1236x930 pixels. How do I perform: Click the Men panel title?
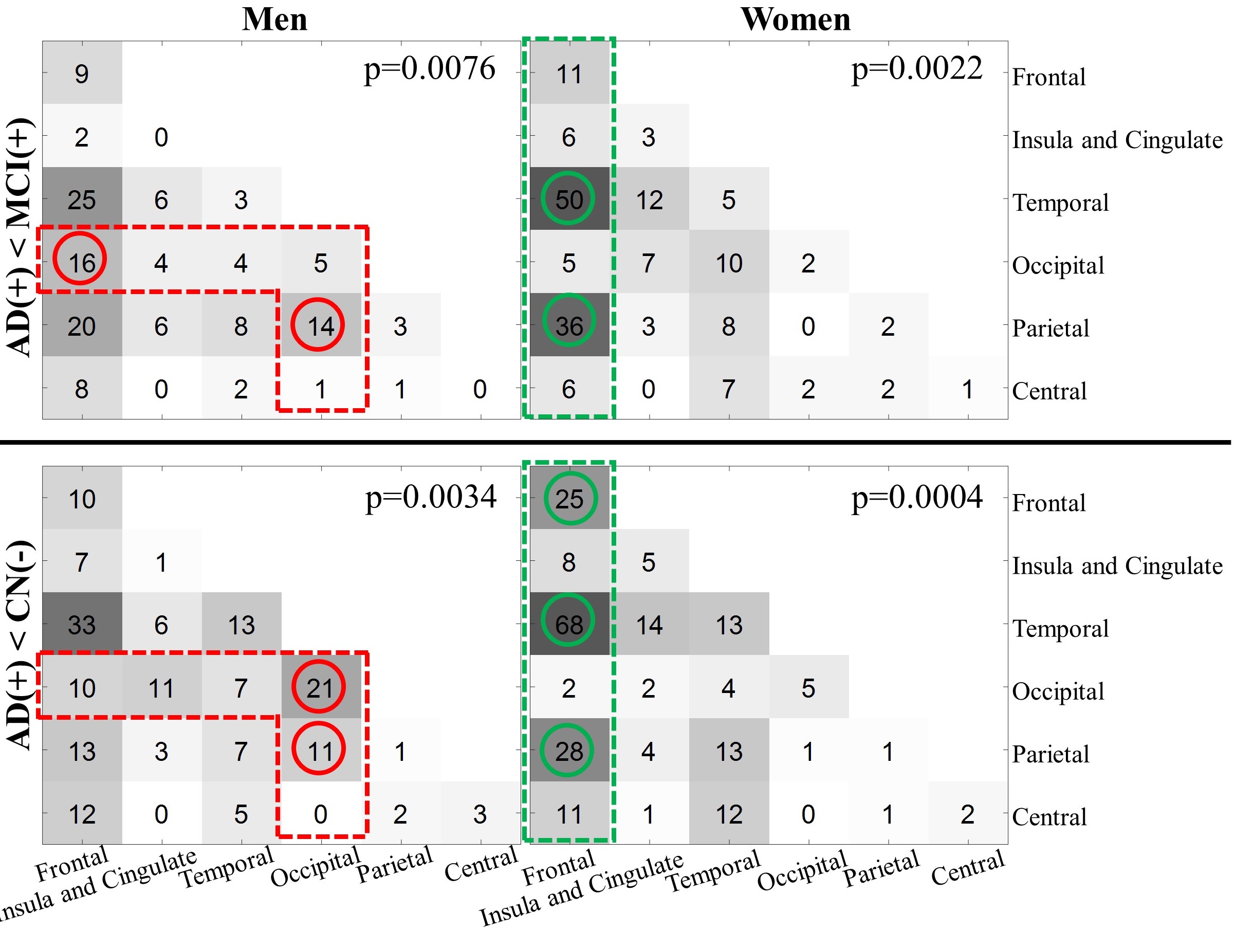pyautogui.click(x=274, y=20)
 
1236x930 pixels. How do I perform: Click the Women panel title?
pyautogui.click(x=795, y=20)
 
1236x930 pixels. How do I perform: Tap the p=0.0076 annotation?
pyautogui.click(x=429, y=69)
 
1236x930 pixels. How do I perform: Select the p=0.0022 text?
pyautogui.click(x=916, y=69)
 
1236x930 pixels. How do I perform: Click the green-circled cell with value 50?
pyautogui.click(x=569, y=199)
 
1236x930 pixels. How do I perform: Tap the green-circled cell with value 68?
pyautogui.click(x=569, y=624)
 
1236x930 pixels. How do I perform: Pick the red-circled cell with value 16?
pyautogui.click(x=81, y=262)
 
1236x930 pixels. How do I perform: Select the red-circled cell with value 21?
pyautogui.click(x=319, y=687)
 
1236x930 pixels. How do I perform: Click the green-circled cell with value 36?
pyautogui.click(x=569, y=325)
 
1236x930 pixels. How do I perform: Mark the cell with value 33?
pyautogui.click(x=82, y=624)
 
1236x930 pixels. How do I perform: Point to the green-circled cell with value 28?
pyautogui.click(x=569, y=751)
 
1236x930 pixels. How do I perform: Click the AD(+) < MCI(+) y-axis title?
pyautogui.click(x=20, y=237)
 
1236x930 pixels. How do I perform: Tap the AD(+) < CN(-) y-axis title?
pyautogui.click(x=20, y=646)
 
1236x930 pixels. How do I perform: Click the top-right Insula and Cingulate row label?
pyautogui.click(x=1117, y=140)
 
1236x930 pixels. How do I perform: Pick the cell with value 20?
pyautogui.click(x=82, y=326)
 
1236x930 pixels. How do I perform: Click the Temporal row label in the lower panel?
pyautogui.click(x=1060, y=629)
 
